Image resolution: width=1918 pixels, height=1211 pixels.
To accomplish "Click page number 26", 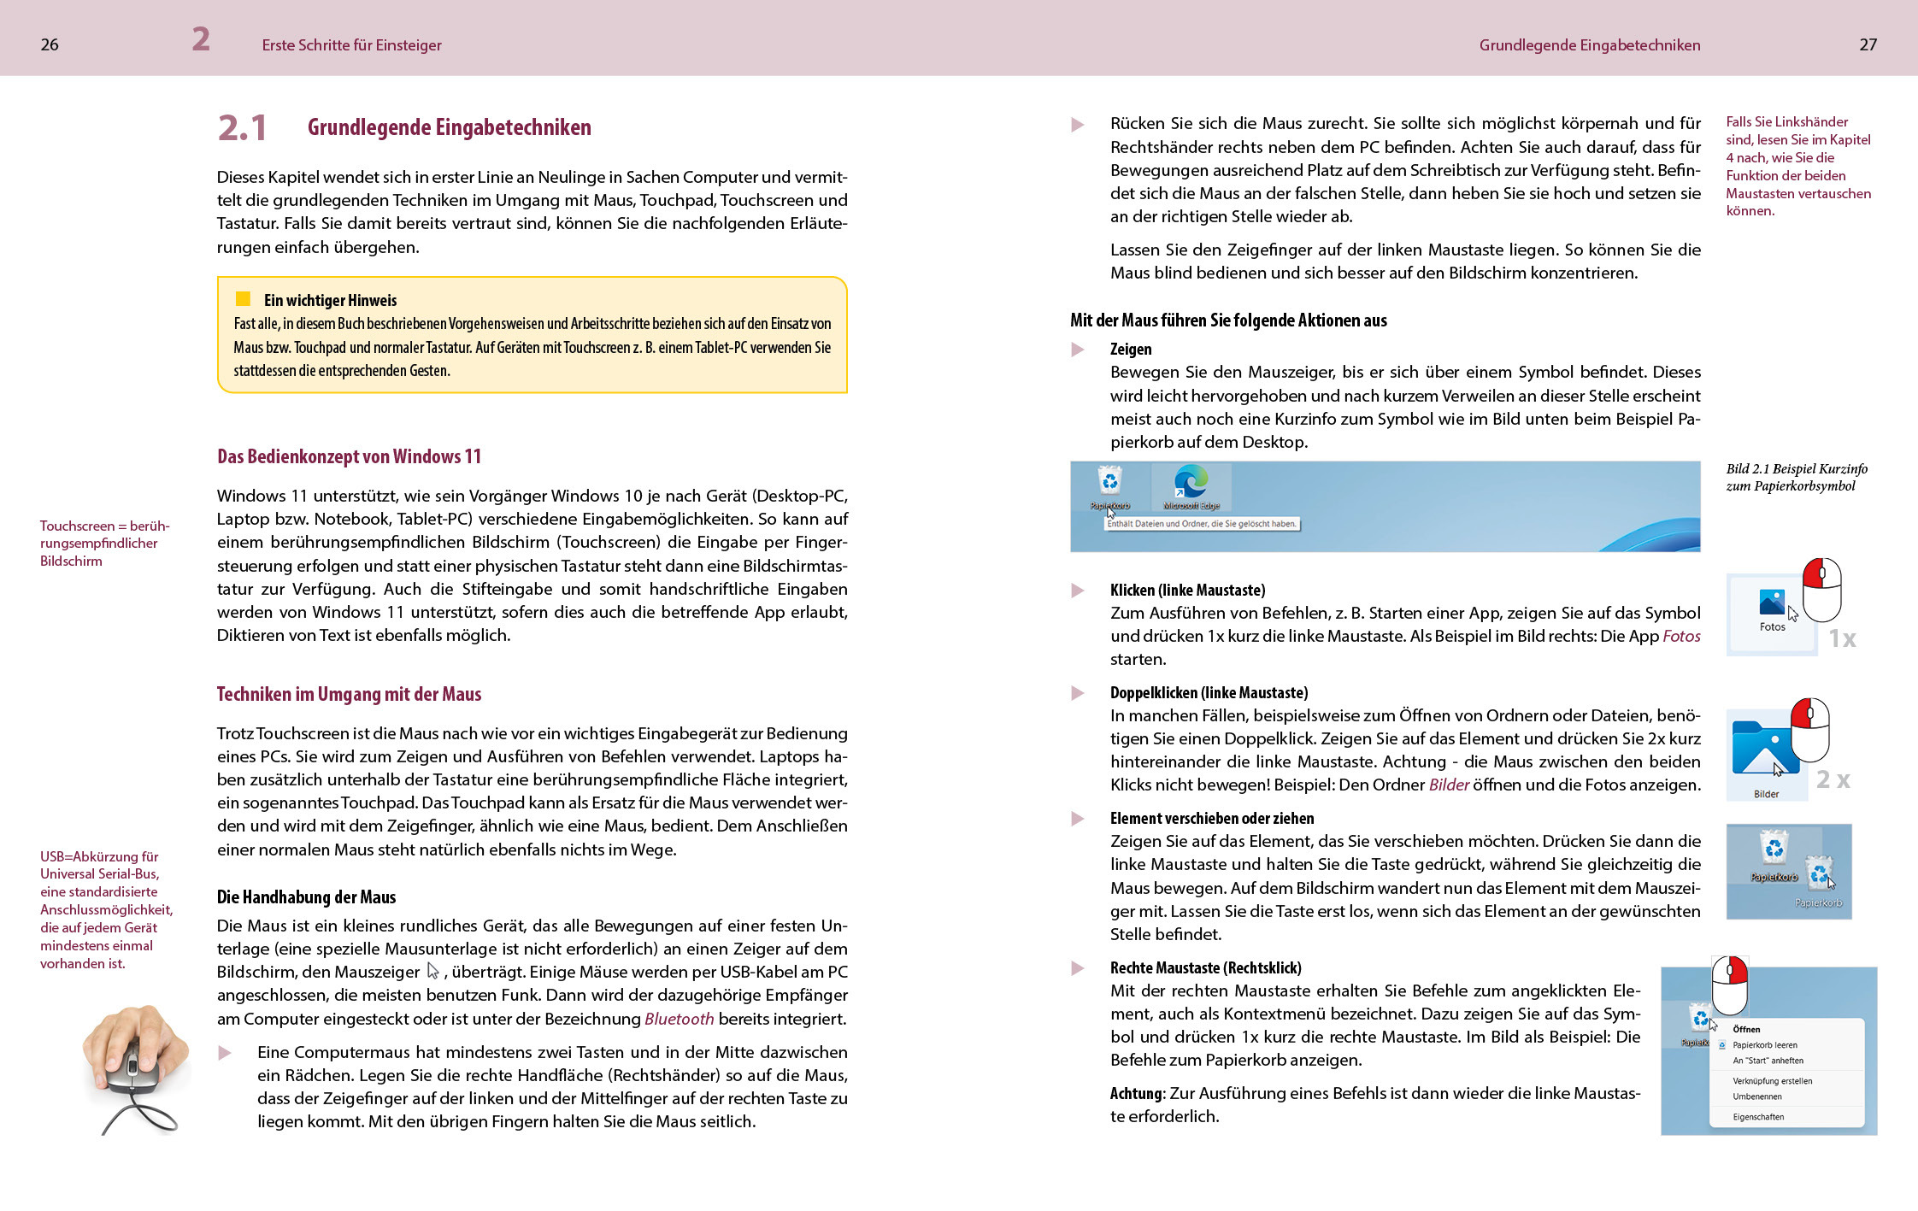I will coord(50,44).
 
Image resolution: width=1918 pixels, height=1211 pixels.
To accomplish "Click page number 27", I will coord(1868,44).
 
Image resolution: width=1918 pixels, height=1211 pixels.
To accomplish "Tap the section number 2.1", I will coord(243,128).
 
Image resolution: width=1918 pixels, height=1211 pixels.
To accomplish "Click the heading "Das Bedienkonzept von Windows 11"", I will coord(349,456).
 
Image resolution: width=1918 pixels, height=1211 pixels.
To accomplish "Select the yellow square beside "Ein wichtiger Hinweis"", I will coord(243,299).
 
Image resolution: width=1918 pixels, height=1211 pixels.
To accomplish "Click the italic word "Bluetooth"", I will coord(679,1019).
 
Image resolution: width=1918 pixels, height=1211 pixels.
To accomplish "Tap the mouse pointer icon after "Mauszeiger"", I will coord(433,972).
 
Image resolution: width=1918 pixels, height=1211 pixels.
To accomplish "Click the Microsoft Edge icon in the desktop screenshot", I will coord(1191,483).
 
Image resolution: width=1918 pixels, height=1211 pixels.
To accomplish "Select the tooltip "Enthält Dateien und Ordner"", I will coord(1202,524).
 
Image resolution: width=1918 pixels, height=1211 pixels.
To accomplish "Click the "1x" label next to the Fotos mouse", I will coord(1842,638).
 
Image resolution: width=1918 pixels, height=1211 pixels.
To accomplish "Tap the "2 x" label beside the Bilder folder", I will coord(1833,779).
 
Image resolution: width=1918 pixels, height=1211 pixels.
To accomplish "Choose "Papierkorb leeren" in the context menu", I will coord(1765,1045).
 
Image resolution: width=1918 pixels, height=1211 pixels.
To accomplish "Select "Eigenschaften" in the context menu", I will coord(1758,1117).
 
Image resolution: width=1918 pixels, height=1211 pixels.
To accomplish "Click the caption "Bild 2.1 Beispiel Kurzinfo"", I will coord(1796,469).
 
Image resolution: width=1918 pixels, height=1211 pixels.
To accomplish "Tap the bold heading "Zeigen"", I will coord(1131,350).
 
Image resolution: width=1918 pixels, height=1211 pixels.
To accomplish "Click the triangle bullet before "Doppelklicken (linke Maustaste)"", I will coord(1078,693).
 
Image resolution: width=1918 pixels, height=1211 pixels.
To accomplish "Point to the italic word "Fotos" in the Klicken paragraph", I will coord(1681,637).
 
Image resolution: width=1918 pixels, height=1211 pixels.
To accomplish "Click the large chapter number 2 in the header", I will coord(201,39).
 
